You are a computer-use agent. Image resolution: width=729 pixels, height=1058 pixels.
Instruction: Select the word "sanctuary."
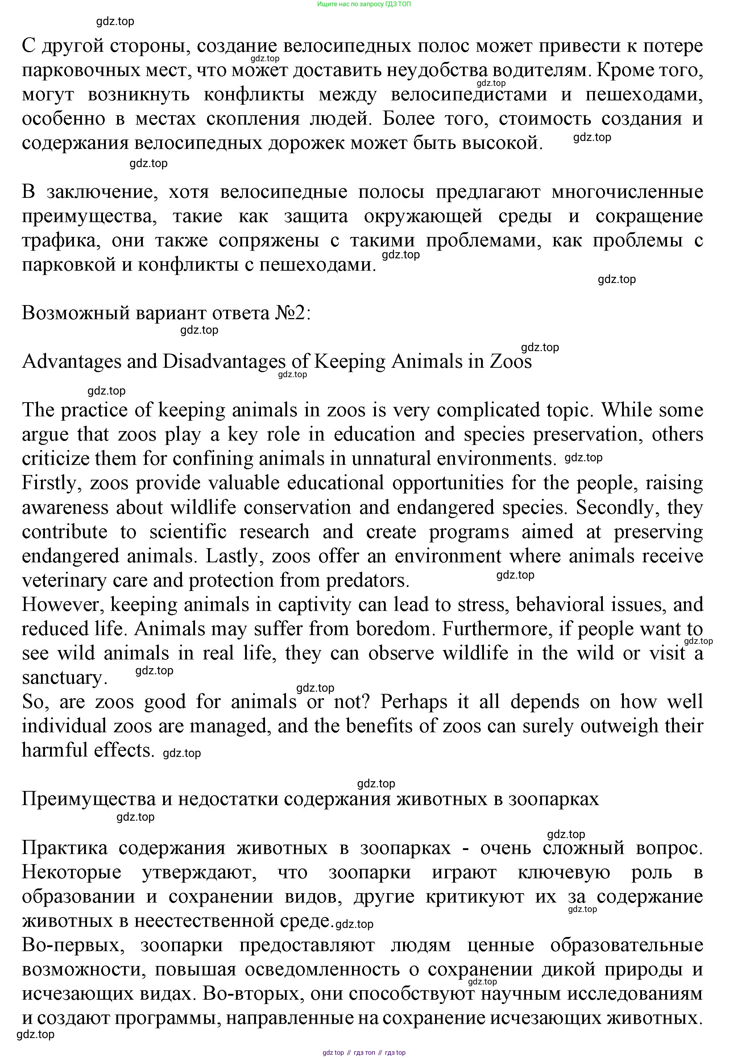(x=65, y=678)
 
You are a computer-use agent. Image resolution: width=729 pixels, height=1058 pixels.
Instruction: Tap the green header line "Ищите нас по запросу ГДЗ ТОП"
(x=364, y=4)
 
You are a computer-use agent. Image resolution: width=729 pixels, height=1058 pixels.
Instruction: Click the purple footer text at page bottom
(x=364, y=1053)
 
